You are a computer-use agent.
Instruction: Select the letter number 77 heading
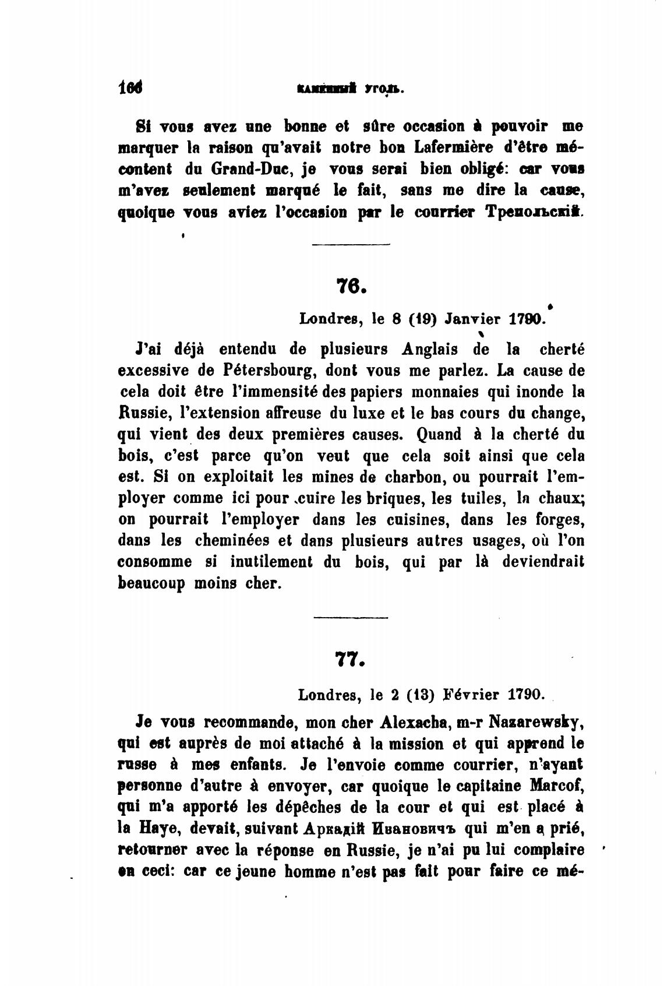pyautogui.click(x=351, y=659)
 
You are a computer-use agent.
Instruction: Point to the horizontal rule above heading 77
pyautogui.click(x=351, y=616)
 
